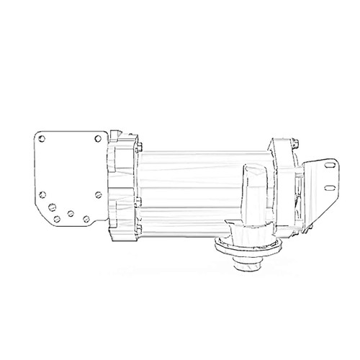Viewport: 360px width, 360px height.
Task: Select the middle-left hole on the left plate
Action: pyautogui.click(x=44, y=192)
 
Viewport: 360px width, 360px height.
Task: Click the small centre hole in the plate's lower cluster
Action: pyautogui.click(x=70, y=213)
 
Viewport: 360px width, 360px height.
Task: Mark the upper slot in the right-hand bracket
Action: pyautogui.click(x=330, y=167)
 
